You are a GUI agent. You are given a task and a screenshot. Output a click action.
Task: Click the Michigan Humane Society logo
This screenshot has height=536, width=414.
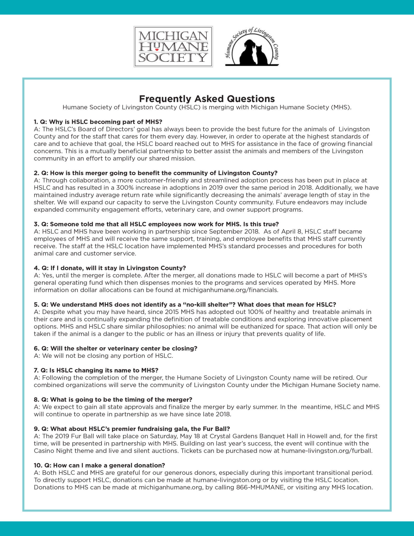click(x=173, y=47)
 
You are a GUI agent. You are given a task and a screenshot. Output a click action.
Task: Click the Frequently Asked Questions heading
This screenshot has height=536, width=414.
click(x=207, y=99)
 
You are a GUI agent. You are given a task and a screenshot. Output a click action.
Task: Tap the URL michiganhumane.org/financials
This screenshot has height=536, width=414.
click(x=230, y=290)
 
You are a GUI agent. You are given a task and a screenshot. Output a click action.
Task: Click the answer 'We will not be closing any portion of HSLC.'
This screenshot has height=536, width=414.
click(x=104, y=356)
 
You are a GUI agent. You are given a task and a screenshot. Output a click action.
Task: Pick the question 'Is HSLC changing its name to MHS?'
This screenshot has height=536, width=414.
click(x=96, y=370)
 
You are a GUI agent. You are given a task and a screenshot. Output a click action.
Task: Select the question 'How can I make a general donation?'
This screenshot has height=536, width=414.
click(x=100, y=466)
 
